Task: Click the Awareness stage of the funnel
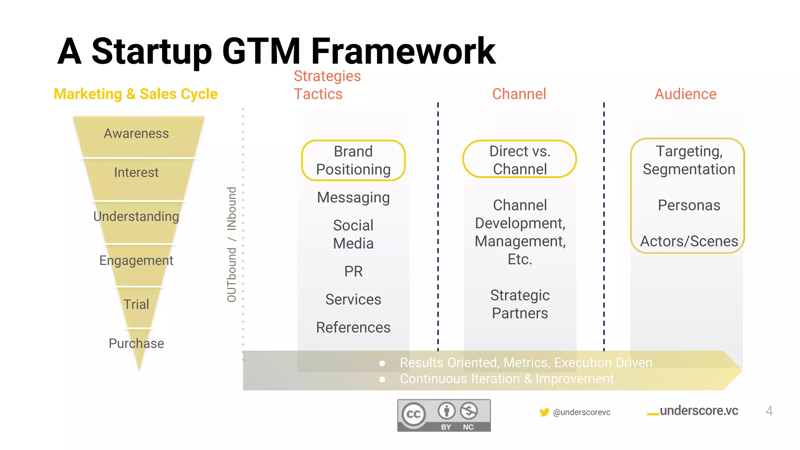136,134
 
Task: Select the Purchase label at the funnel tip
136,343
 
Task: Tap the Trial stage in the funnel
136,304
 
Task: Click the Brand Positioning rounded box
353,161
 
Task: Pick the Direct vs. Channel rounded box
520,160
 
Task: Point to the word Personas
689,205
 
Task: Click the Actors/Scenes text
689,241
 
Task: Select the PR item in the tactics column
353,271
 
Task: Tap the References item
353,327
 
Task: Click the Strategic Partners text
520,304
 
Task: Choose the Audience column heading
685,94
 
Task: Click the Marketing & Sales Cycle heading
136,94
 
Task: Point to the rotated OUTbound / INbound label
232,245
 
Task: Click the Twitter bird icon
544,412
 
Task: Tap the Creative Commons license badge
444,416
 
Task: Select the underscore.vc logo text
698,411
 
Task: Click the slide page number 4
769,411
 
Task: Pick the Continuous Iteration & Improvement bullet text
506,379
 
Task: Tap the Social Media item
353,234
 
